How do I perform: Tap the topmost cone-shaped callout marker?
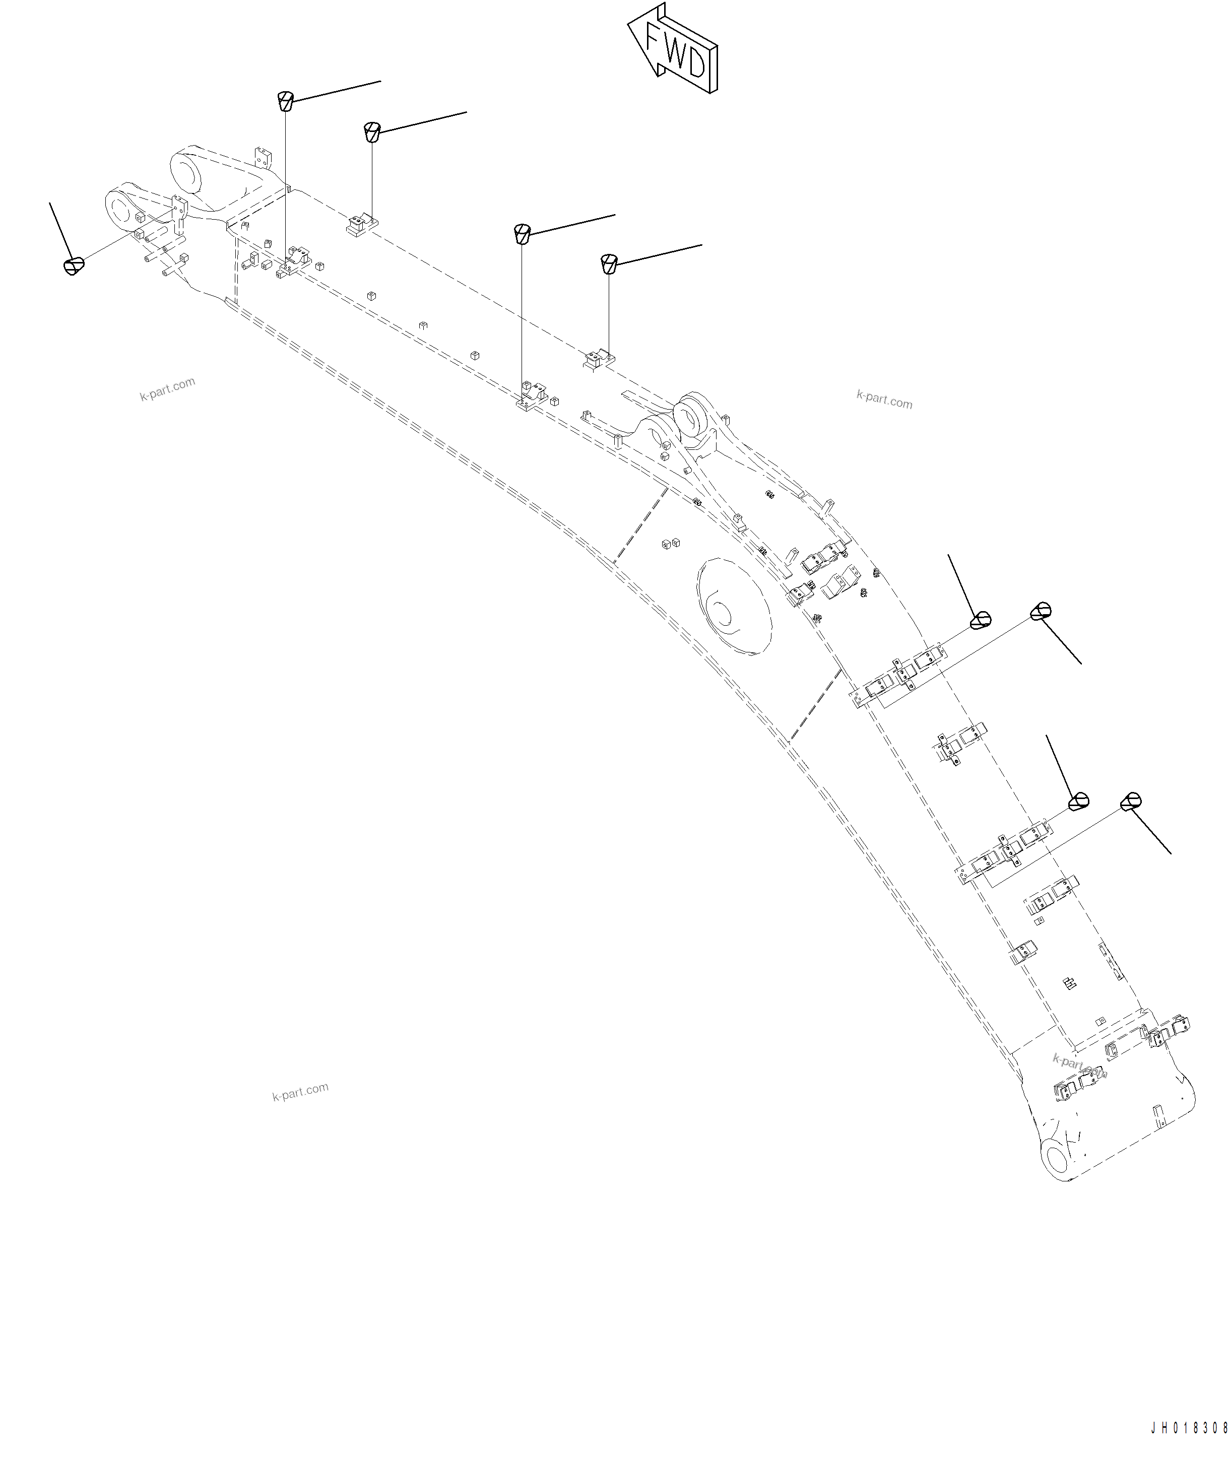[x=285, y=100]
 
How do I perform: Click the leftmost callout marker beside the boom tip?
[x=74, y=266]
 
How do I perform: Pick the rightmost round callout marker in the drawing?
[x=1130, y=802]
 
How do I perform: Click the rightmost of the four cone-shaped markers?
[x=609, y=264]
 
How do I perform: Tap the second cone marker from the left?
[x=372, y=131]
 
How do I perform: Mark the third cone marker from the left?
[x=522, y=233]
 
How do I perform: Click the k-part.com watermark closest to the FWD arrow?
[x=884, y=400]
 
